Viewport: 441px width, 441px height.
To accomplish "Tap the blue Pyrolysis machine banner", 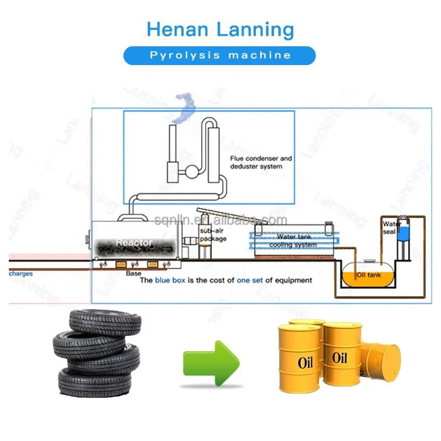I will (x=220, y=55).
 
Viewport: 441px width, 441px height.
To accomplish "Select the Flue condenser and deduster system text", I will (x=261, y=162).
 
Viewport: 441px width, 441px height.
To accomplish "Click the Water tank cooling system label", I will (x=297, y=240).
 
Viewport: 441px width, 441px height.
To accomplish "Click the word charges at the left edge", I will (x=21, y=273).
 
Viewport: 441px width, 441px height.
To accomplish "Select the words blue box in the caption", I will (x=170, y=280).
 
